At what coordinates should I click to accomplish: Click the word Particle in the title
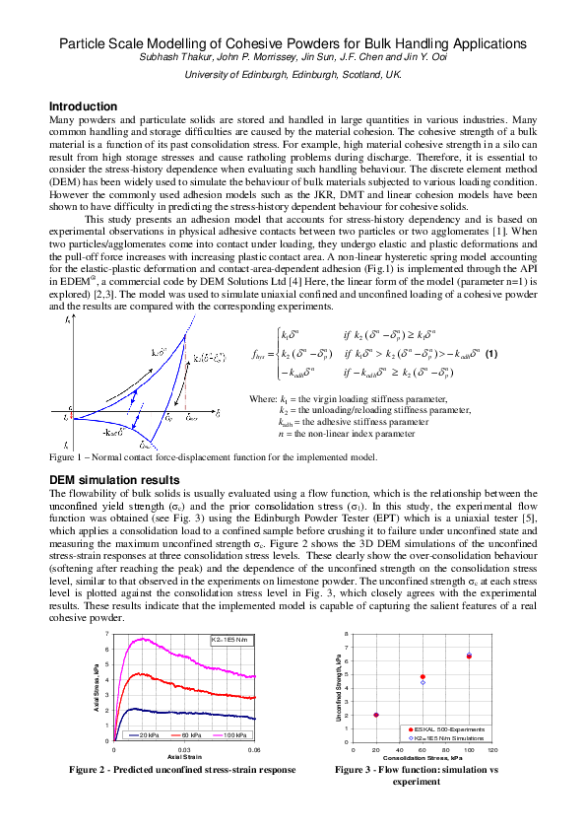pyautogui.click(x=88, y=44)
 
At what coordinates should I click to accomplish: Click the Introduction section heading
pyautogui.click(x=83, y=106)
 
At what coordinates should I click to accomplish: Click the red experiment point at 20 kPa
pyautogui.click(x=376, y=715)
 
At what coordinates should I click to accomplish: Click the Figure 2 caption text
pyautogui.click(x=181, y=769)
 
